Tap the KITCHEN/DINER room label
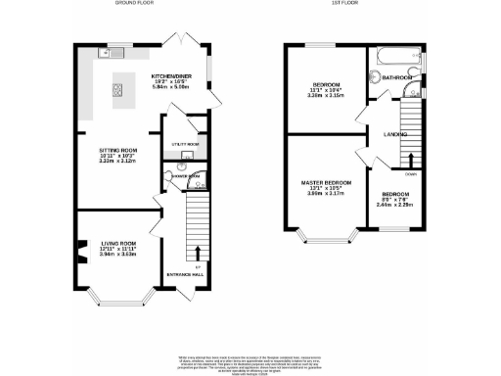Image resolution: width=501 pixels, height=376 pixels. pyautogui.click(x=172, y=74)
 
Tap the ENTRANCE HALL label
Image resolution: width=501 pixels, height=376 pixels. pyautogui.click(x=186, y=273)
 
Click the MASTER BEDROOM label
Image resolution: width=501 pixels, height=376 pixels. pyautogui.click(x=325, y=184)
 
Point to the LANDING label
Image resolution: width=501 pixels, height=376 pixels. pyautogui.click(x=395, y=134)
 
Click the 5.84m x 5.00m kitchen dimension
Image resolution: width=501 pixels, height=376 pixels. pyautogui.click(x=172, y=88)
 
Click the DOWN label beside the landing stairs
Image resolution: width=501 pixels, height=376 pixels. pyautogui.click(x=411, y=175)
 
